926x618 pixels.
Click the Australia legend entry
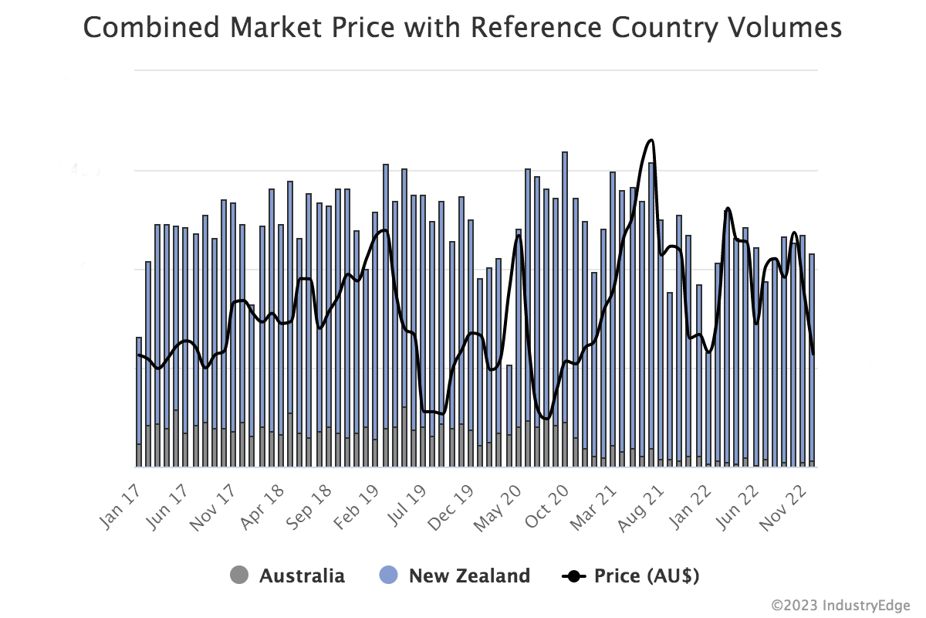click(301, 576)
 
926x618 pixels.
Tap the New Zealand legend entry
click(468, 576)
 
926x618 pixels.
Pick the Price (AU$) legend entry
click(645, 576)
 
